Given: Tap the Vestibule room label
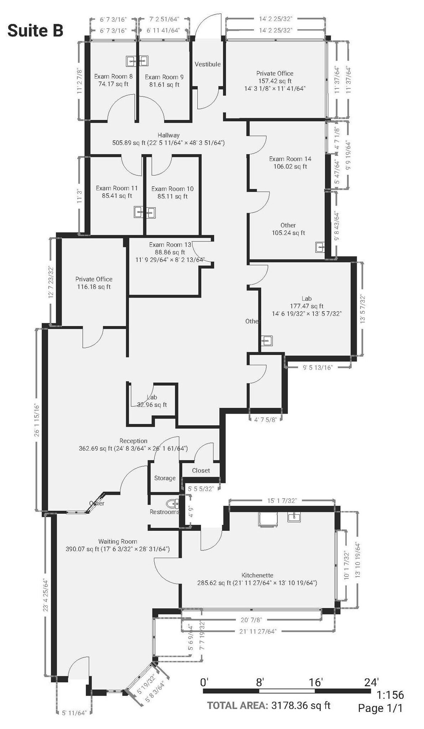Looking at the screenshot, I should [x=207, y=64].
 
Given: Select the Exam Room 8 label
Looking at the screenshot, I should [x=113, y=77].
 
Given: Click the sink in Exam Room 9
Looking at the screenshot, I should [x=144, y=61].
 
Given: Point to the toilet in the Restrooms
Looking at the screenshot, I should [x=172, y=504].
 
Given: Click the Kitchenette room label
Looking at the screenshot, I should [x=257, y=575].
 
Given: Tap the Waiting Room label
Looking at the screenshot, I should [x=118, y=541].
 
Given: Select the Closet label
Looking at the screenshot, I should [x=201, y=471].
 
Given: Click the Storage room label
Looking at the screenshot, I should [x=165, y=478].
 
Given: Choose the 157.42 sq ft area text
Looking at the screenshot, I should [x=275, y=81].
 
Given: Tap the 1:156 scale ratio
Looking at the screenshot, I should [x=390, y=694].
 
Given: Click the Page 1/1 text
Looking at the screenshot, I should [x=380, y=708].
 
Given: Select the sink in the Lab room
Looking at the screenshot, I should [x=266, y=341].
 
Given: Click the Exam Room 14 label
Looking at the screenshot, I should [x=290, y=159].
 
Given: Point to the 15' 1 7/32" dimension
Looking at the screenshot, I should [x=282, y=500].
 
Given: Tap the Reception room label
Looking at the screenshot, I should [x=133, y=441].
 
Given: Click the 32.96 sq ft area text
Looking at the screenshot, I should [x=152, y=405].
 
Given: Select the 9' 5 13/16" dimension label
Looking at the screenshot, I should [x=318, y=367].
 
